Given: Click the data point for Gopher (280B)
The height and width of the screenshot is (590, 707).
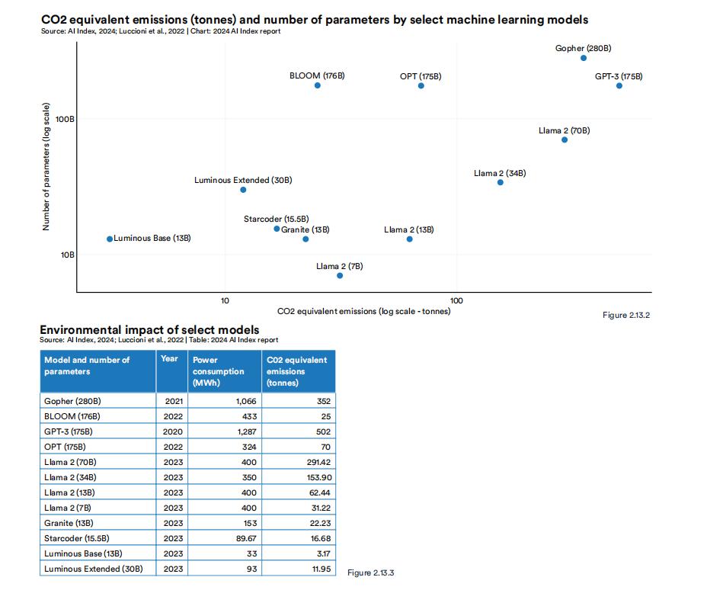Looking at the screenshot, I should [584, 58].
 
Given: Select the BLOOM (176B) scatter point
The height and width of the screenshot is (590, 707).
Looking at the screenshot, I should [318, 85].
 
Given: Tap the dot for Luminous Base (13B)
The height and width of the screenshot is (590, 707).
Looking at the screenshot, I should [110, 239].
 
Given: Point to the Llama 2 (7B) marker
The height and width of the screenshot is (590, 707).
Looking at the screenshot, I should [340, 275].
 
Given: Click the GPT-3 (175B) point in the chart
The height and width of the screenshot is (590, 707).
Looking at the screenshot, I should [619, 85].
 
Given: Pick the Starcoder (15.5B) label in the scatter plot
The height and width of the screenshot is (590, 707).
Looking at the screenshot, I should [274, 220].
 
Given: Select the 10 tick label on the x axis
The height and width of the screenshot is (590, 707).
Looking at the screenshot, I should [225, 300].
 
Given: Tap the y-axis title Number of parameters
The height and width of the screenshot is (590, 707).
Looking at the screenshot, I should [46, 166].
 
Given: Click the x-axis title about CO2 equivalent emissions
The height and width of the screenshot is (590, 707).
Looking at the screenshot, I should [364, 311].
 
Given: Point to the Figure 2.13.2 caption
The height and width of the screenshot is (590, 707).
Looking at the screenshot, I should [626, 315].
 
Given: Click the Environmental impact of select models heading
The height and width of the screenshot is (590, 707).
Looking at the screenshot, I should [149, 330].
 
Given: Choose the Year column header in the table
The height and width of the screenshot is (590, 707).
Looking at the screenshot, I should [170, 359].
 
